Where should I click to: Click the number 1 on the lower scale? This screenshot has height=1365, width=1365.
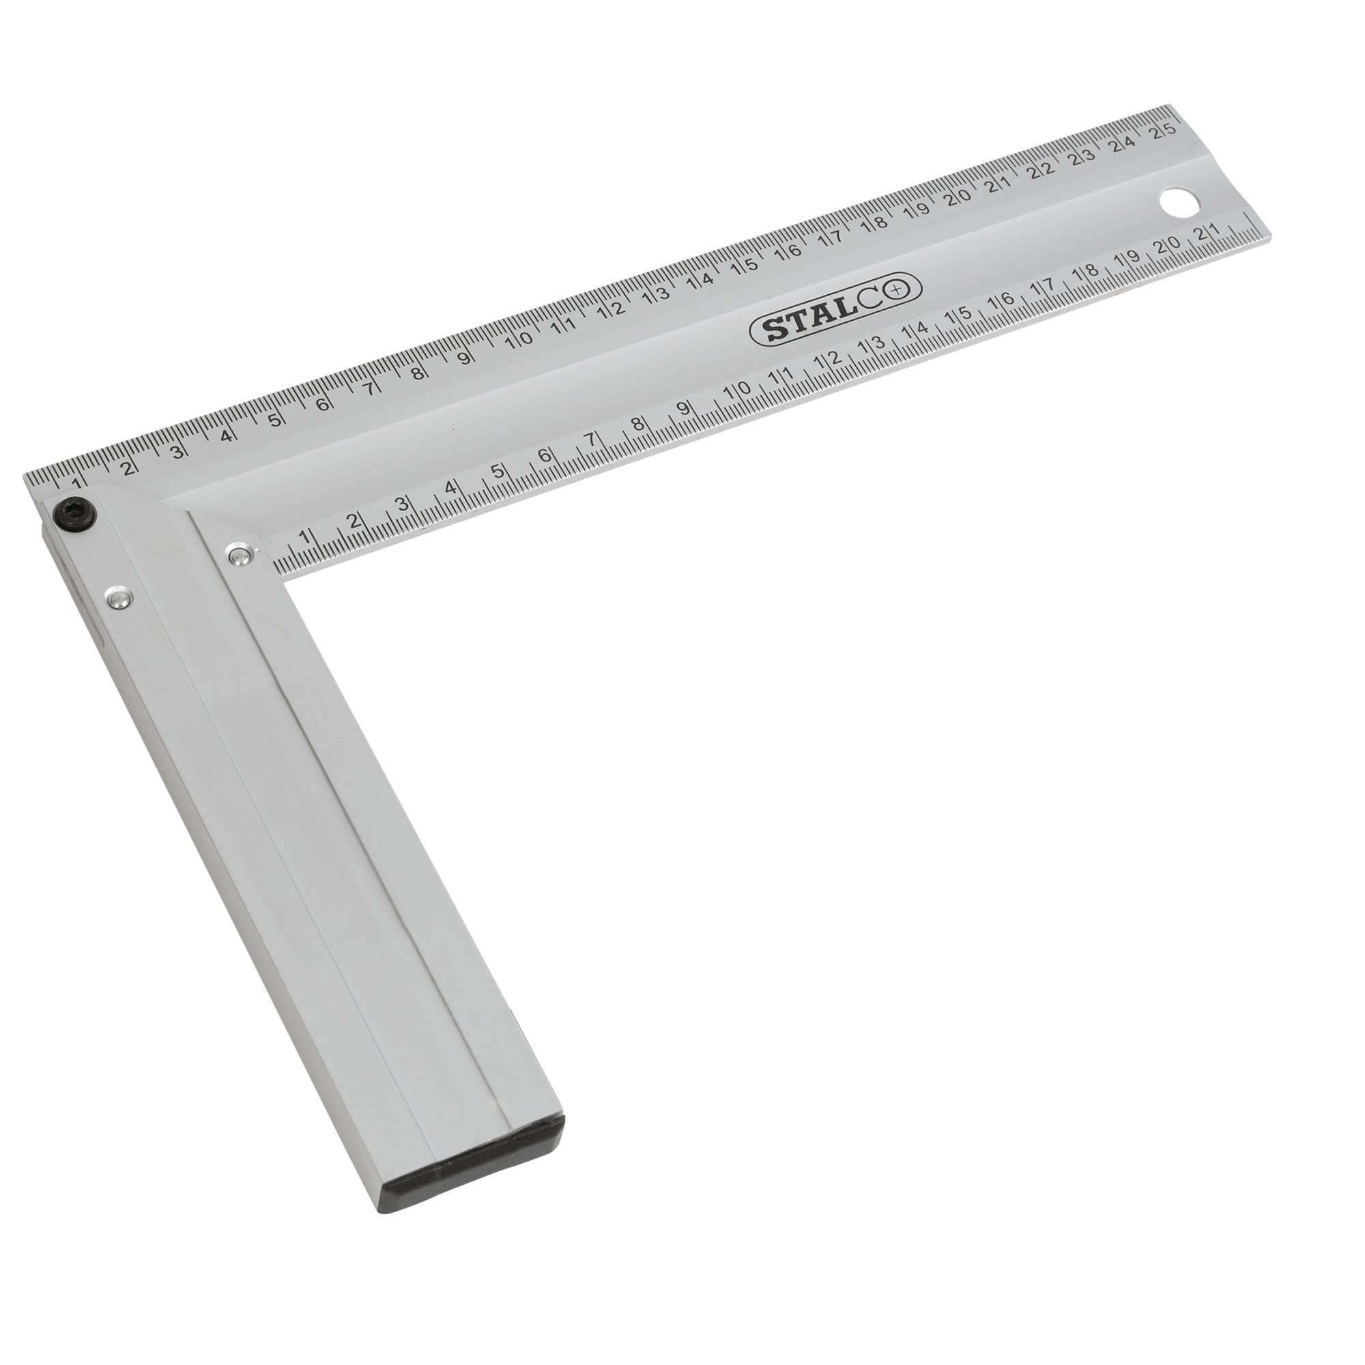click(304, 536)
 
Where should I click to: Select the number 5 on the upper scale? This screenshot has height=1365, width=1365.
click(275, 419)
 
